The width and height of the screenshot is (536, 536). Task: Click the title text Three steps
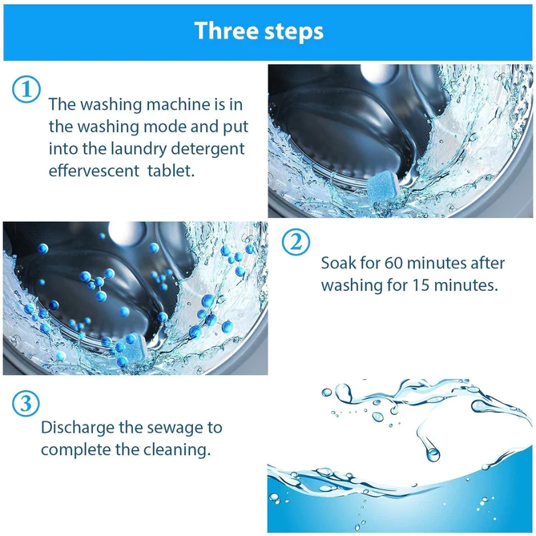point(259,30)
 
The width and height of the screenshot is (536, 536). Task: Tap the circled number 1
point(26,89)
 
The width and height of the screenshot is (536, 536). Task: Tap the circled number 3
point(26,403)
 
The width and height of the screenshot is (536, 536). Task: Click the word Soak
point(338,263)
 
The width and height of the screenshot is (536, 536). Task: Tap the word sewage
point(175,427)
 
